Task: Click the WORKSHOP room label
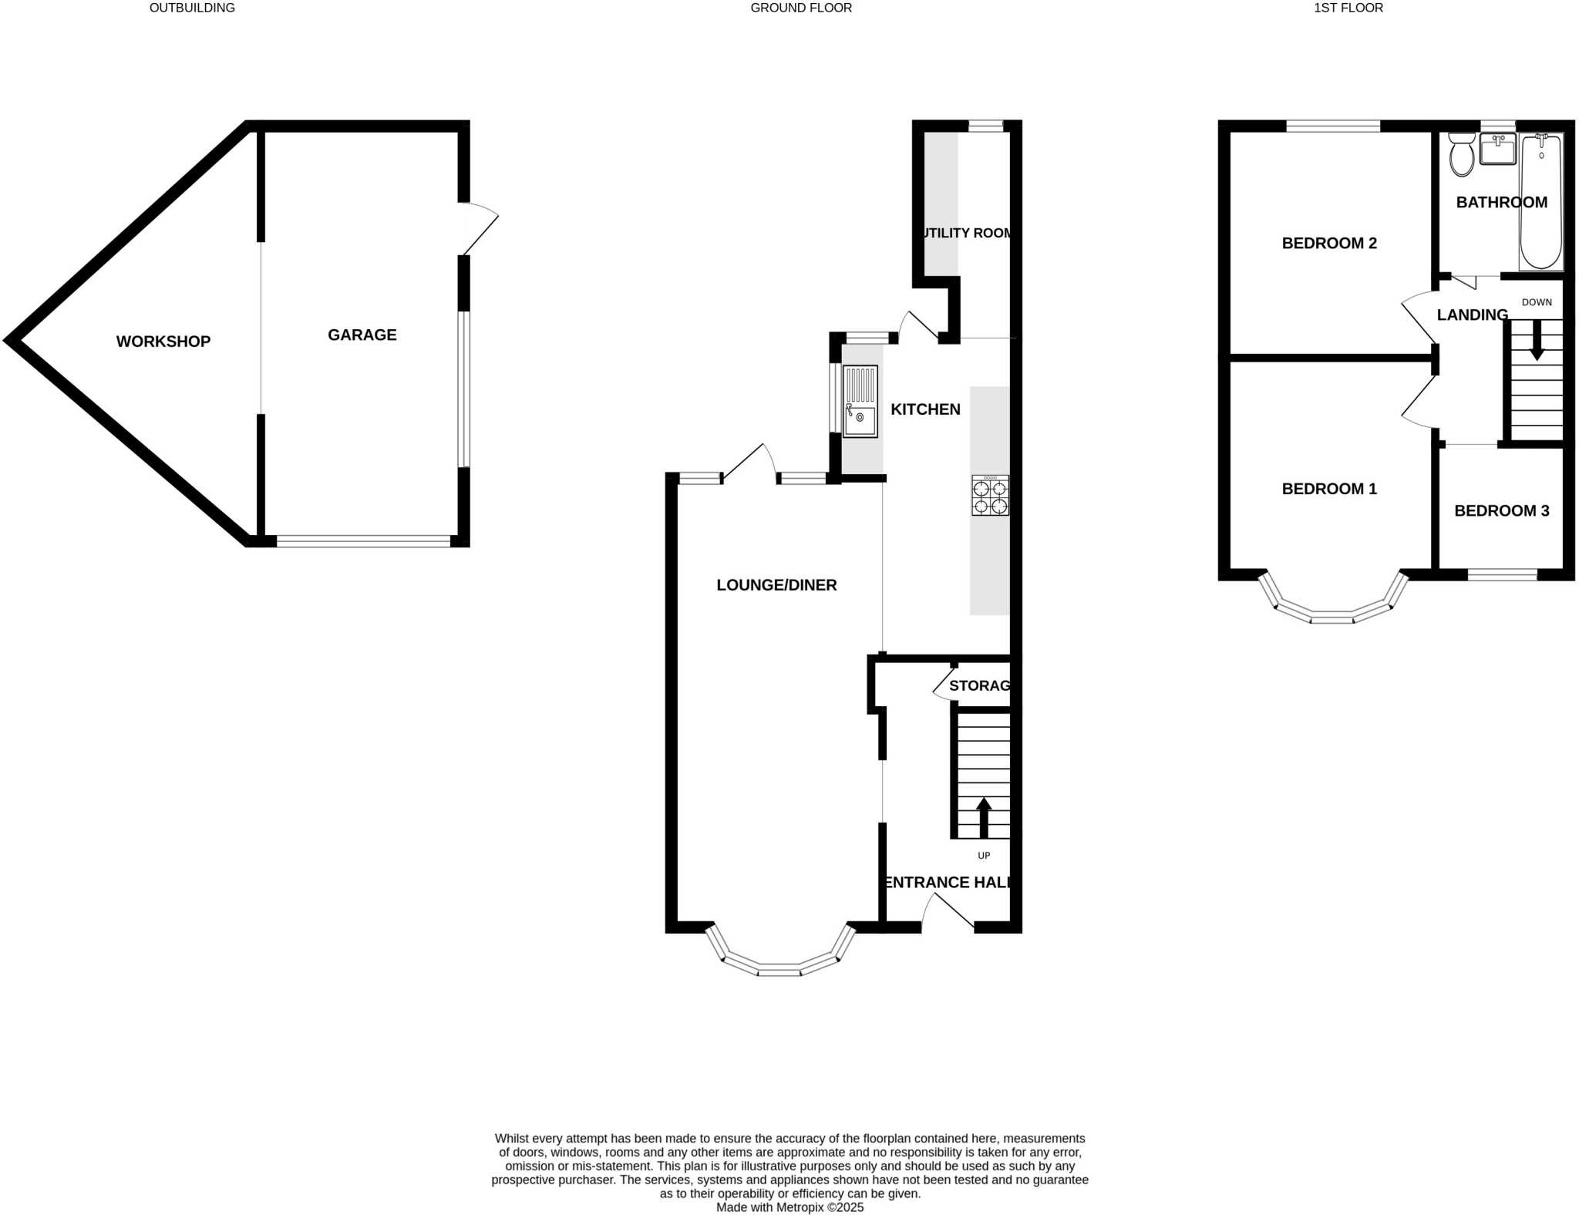[163, 342]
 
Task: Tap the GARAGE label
[362, 335]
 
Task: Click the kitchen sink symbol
[860, 401]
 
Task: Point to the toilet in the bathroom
[1461, 154]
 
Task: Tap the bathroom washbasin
[1498, 150]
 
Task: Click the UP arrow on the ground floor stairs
[984, 818]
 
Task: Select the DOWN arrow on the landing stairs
[1537, 339]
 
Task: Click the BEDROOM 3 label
[1501, 510]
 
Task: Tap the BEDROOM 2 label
[1329, 243]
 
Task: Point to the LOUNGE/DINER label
[776, 585]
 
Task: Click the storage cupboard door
[942, 684]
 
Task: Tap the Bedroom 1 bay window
[1332, 616]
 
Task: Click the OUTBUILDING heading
[192, 8]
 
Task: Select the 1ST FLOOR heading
[1348, 8]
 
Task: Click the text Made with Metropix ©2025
[789, 1207]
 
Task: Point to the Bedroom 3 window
[1502, 574]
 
